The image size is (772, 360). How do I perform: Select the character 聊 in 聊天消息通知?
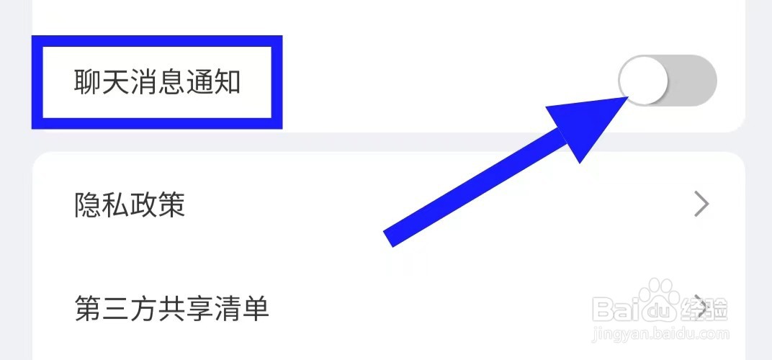click(88, 83)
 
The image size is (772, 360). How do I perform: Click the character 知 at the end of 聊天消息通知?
click(228, 83)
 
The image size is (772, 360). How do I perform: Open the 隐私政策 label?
click(130, 205)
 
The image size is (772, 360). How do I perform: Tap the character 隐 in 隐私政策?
click(88, 205)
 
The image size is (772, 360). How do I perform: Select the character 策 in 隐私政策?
click(172, 205)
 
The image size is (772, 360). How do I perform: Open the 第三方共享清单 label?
click(171, 310)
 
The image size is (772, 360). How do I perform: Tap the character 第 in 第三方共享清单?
click(88, 310)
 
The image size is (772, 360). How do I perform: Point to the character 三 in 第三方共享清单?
click(116, 310)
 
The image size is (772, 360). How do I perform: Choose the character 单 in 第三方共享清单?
click(256, 310)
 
